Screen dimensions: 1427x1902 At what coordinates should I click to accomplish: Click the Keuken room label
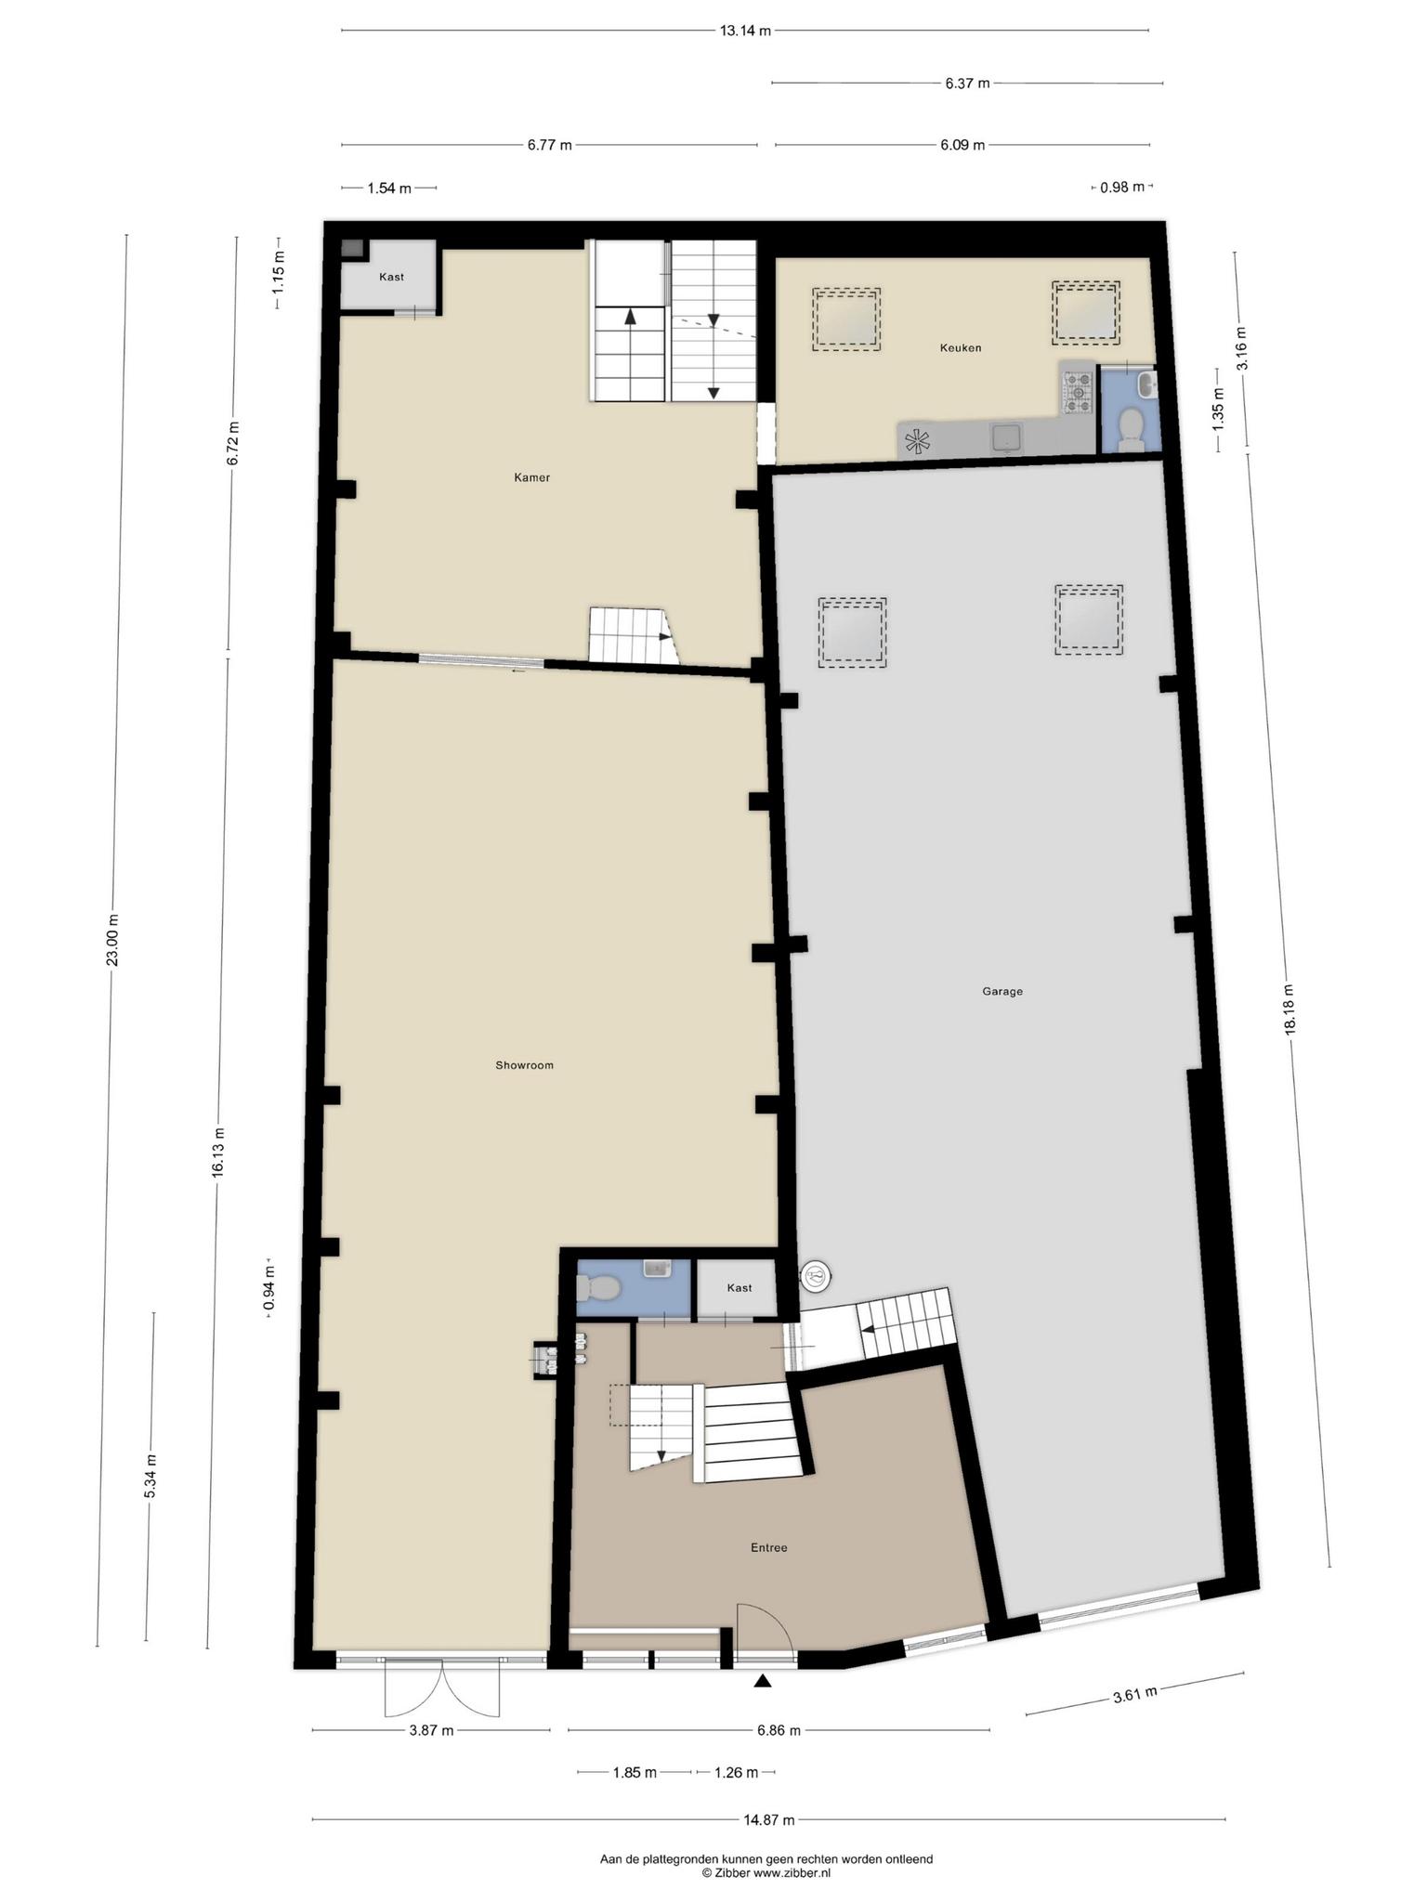click(x=961, y=348)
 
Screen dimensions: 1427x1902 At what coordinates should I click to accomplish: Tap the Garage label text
click(x=1002, y=991)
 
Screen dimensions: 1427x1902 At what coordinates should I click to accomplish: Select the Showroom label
click(x=524, y=1065)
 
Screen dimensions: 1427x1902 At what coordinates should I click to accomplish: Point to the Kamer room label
click(x=532, y=477)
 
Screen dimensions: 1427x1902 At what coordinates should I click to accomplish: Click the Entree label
click(x=769, y=1547)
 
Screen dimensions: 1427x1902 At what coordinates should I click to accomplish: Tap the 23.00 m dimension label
click(x=112, y=940)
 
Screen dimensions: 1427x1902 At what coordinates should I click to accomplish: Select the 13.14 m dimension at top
click(x=745, y=31)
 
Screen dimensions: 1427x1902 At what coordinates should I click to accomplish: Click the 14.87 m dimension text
click(x=769, y=1819)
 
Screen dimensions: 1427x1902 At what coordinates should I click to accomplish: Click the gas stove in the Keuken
click(x=1079, y=392)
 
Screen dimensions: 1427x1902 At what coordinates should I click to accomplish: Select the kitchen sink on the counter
click(x=1006, y=437)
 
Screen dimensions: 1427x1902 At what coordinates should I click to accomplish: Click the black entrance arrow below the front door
click(x=763, y=1679)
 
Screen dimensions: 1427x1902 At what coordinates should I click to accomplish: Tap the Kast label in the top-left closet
click(x=391, y=277)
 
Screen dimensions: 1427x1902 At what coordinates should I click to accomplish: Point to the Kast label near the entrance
click(x=740, y=1287)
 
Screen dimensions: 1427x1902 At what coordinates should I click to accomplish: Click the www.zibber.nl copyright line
click(x=766, y=1874)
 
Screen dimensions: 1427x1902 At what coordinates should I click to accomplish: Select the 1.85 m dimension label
click(x=635, y=1772)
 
